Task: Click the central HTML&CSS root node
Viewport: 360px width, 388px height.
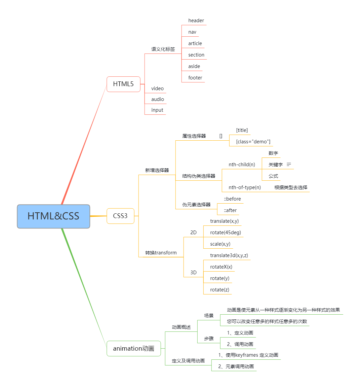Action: point(53,216)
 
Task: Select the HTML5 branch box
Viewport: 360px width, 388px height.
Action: point(123,84)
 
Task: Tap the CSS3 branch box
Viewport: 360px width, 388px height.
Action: point(120,216)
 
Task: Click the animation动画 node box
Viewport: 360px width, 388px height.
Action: point(134,348)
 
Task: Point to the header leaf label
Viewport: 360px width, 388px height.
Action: point(196,21)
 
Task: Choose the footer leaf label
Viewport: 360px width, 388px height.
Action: point(195,78)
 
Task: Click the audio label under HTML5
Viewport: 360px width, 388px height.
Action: point(158,99)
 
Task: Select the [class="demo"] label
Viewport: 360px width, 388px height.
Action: point(253,142)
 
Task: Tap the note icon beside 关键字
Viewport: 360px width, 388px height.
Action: point(288,164)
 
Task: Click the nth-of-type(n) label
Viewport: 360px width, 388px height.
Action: point(244,187)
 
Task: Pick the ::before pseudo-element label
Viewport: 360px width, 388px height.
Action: point(232,199)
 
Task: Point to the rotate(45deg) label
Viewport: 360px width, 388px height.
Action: point(226,232)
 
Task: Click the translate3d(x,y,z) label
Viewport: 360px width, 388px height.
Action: point(229,255)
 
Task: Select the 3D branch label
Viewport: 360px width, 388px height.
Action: point(193,273)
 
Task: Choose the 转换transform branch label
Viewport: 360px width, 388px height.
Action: point(161,253)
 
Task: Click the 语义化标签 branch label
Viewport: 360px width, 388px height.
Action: point(163,49)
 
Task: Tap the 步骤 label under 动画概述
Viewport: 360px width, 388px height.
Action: point(209,339)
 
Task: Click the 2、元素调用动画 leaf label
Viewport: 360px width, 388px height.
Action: point(236,366)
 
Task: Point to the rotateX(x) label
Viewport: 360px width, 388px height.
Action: point(221,267)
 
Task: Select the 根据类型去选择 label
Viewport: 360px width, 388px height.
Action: point(291,187)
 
